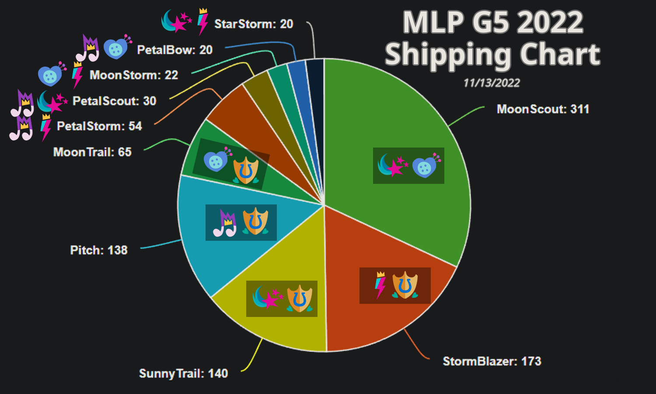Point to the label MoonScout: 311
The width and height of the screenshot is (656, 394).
[543, 109]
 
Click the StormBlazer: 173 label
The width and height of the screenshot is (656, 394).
[492, 361]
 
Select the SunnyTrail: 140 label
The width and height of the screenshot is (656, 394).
[183, 373]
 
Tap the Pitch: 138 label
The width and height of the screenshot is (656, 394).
[99, 250]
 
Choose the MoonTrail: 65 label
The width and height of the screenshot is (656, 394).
[92, 152]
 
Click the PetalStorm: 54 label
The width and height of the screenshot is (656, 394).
[99, 126]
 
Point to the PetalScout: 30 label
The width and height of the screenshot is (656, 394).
[114, 101]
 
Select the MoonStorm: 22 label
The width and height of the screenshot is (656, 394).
[134, 75]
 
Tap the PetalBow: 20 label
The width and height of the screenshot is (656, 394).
[174, 49]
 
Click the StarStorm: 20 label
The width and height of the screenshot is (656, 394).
[254, 24]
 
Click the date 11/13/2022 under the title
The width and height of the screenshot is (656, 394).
[492, 83]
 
